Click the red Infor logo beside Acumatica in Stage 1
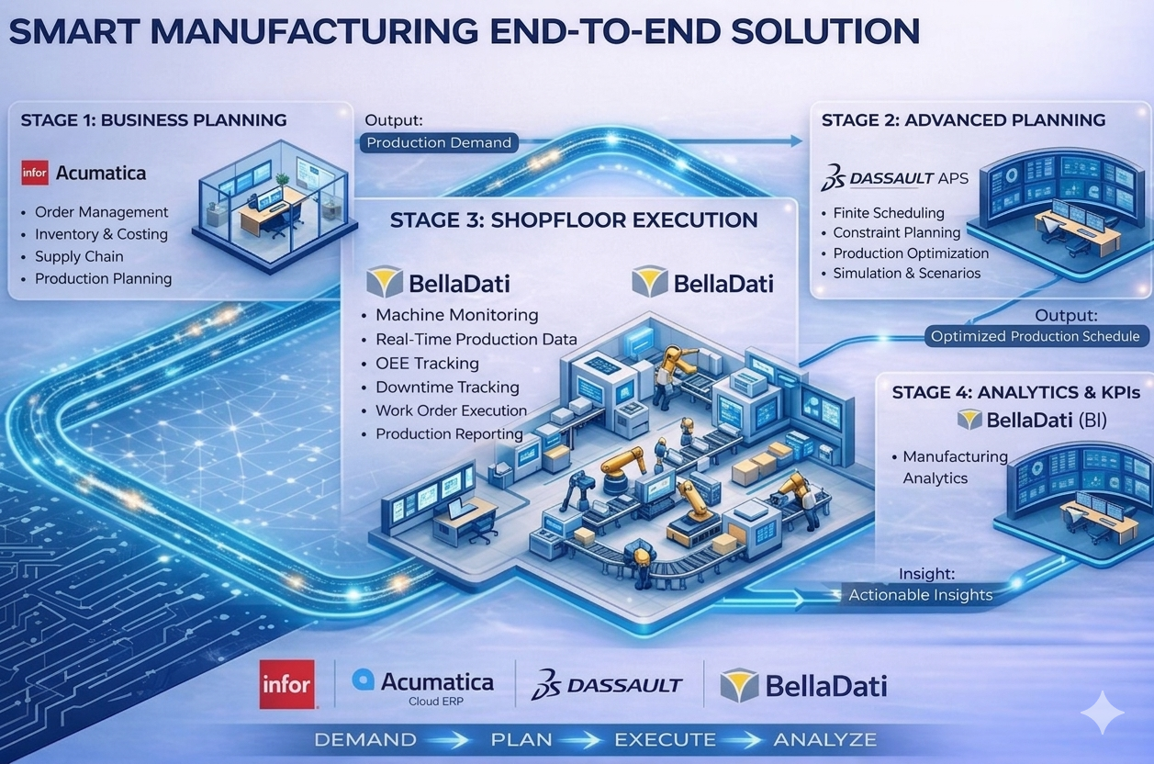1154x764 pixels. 35,173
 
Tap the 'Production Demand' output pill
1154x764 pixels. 439,142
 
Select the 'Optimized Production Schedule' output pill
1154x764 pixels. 1035,336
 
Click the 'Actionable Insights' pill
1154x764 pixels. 920,595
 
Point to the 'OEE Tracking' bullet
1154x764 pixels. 427,363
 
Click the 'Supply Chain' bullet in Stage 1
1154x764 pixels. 79,256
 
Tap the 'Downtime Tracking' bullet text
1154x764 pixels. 447,387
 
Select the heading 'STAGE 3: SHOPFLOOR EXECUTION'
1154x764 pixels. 574,220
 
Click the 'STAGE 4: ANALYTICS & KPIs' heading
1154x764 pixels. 1015,392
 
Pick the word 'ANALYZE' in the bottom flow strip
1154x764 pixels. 824,739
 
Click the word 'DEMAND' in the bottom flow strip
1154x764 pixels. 364,739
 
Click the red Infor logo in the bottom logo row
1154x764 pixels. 286,684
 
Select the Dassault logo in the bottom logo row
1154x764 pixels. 608,684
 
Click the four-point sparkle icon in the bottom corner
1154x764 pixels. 1102,712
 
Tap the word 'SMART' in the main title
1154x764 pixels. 70,32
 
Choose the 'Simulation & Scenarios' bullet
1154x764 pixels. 906,273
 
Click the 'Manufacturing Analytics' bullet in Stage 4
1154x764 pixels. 955,466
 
